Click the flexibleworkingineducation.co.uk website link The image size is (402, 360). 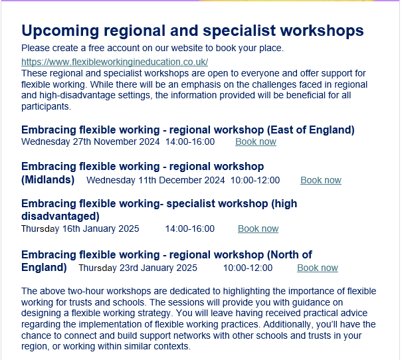114,62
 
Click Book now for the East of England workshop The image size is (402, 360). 256,141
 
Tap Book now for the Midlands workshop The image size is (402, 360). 321,180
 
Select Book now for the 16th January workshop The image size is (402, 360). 258,228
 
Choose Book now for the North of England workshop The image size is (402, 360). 318,268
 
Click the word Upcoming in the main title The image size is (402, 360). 60,31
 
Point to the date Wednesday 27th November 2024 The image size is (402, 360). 90,141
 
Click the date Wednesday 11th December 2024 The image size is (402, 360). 155,180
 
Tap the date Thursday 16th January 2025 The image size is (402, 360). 80,228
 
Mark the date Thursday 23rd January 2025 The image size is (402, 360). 138,268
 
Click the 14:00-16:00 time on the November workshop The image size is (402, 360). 190,141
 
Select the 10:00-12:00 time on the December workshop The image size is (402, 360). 255,180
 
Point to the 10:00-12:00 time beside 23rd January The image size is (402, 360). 248,268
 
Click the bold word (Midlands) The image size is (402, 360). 48,179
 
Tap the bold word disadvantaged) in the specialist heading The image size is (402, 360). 60,217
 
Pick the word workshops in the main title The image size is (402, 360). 322,31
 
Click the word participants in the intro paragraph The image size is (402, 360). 46,106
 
